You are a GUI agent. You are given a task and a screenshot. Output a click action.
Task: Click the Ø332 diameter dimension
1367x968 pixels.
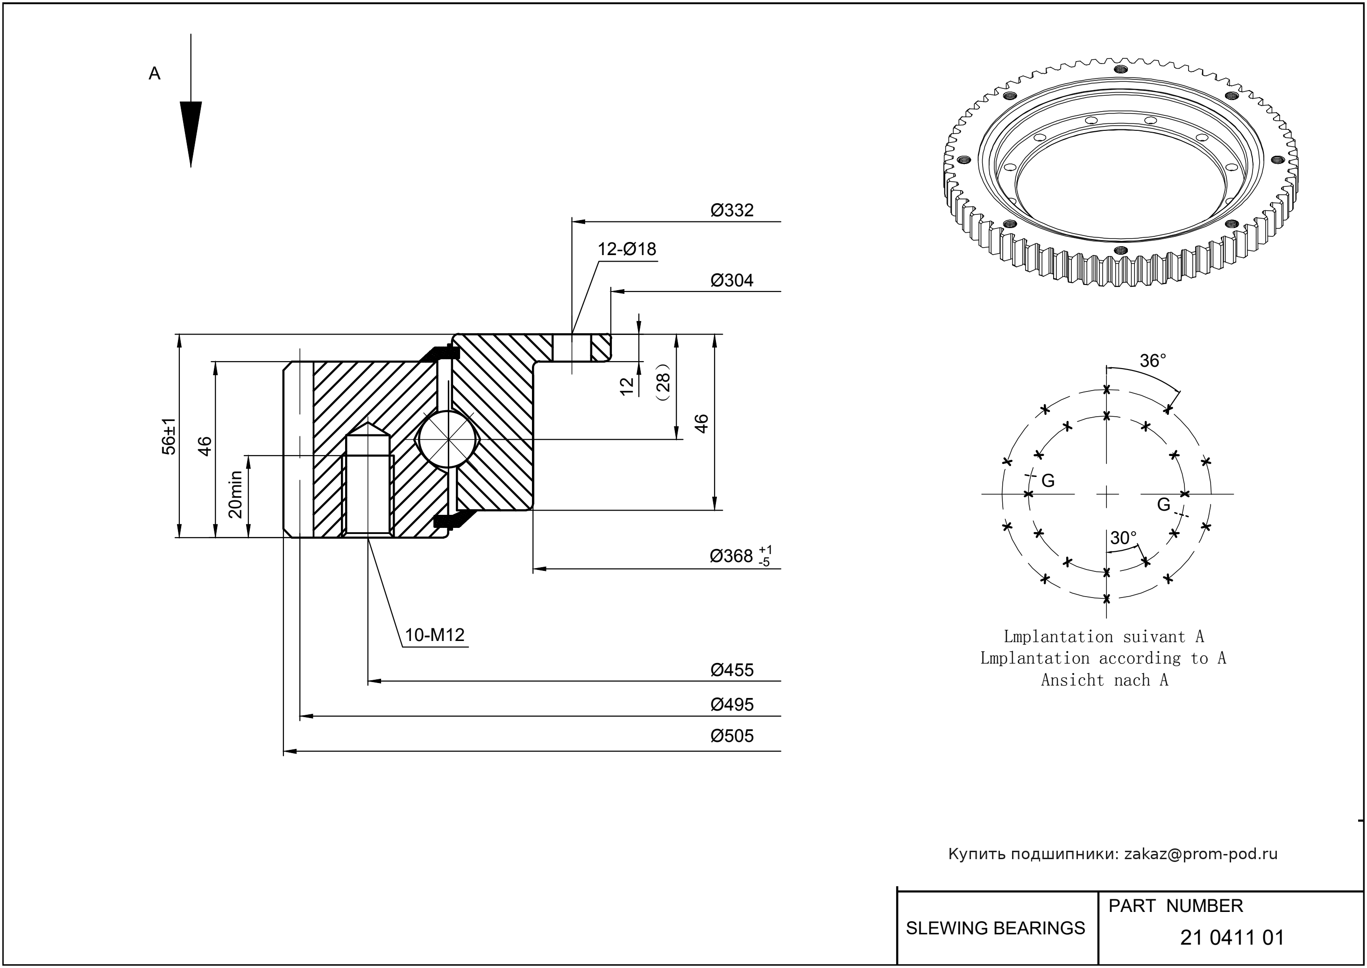point(732,210)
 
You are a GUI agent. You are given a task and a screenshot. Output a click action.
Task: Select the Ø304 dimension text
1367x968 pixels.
point(732,280)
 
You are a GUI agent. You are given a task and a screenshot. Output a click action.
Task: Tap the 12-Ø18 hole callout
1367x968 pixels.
point(627,249)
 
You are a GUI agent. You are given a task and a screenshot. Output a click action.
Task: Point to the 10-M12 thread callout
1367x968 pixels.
point(434,635)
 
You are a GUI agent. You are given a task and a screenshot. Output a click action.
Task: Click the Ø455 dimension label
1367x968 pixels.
point(732,670)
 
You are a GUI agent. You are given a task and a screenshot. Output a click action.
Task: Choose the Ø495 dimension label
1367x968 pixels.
point(732,705)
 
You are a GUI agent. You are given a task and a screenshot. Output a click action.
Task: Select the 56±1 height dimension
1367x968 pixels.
point(170,436)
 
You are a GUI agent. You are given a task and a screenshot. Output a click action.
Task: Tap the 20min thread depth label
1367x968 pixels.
point(236,494)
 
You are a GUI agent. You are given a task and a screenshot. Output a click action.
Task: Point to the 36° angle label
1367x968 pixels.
point(1153,361)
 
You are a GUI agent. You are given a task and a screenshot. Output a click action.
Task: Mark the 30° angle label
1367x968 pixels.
point(1123,538)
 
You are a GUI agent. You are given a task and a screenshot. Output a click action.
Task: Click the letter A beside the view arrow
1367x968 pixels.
point(154,74)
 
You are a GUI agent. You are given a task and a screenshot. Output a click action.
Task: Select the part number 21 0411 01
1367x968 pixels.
point(1232,938)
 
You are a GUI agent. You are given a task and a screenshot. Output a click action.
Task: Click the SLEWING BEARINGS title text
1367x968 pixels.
point(995,928)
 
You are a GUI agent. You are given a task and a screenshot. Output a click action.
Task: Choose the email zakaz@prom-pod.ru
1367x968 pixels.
point(1200,854)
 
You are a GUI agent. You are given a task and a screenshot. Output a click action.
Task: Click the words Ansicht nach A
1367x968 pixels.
point(1104,680)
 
